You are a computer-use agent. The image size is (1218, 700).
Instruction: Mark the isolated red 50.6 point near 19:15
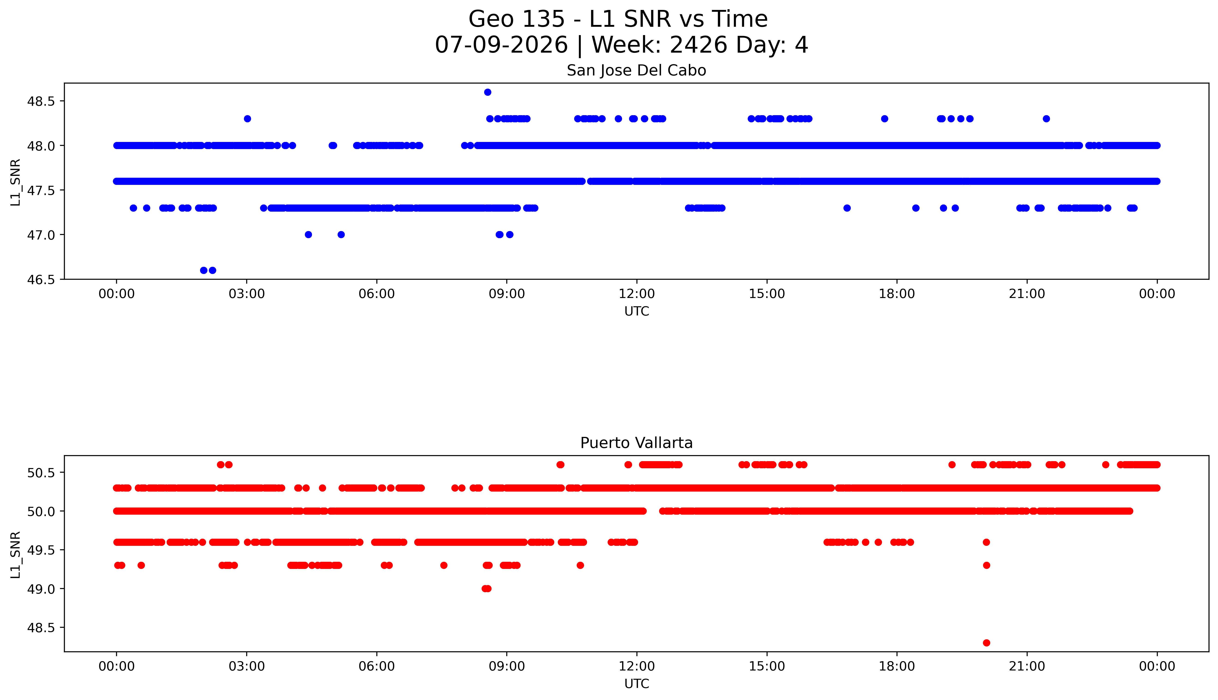coord(952,464)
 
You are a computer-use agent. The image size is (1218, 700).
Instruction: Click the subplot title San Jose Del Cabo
coord(636,71)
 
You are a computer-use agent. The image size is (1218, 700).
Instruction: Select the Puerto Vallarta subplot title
coord(636,443)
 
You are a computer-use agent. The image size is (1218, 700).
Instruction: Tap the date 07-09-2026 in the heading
coord(501,45)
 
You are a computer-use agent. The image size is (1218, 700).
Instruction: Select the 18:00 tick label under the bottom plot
coord(897,666)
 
